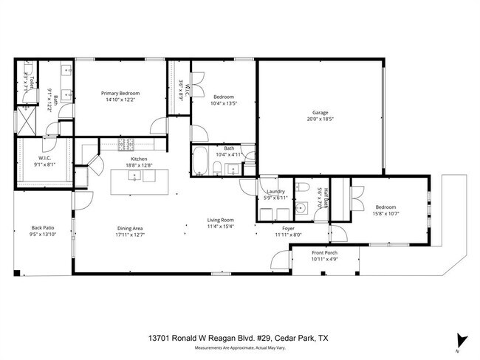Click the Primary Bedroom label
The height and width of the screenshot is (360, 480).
point(120,94)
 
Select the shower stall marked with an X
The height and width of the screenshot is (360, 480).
point(28,118)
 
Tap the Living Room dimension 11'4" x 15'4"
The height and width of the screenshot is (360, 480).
point(219,226)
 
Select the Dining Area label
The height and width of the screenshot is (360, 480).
point(129,228)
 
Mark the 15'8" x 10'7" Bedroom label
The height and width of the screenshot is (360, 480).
point(387,207)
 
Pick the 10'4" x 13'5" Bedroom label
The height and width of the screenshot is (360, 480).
point(224,97)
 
